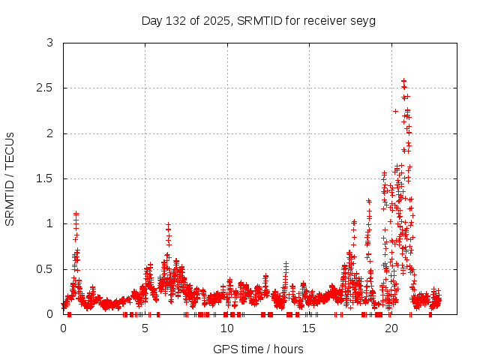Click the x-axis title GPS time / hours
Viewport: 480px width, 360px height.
258,349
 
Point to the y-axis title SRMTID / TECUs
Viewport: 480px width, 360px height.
10,178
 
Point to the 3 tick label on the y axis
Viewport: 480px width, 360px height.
49,43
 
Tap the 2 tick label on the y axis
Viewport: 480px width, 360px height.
49,133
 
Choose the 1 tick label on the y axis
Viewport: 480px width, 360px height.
49,223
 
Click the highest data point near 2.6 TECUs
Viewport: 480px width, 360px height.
404,80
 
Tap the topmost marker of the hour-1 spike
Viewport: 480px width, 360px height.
76,214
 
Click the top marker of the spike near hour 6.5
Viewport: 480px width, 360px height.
169,224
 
